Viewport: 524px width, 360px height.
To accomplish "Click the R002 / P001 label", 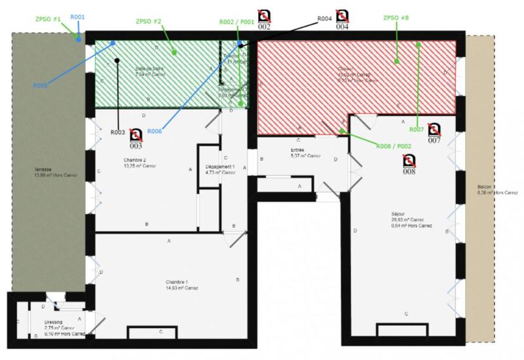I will point(236,22).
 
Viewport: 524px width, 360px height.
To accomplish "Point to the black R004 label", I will point(326,19).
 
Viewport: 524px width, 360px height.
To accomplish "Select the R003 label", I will point(118,132).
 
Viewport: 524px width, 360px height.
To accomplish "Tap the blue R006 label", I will point(155,132).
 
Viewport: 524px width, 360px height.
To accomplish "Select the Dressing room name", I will point(53,322).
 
